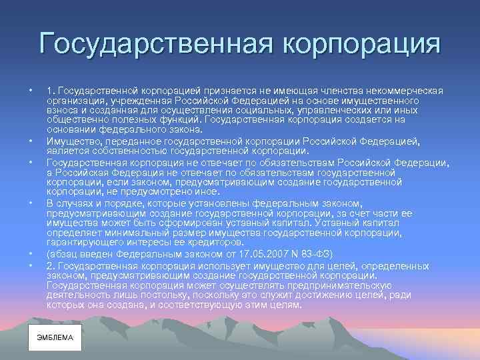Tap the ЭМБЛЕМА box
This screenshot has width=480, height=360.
point(55,338)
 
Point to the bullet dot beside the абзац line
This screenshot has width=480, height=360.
point(30,255)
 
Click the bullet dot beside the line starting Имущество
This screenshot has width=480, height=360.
point(30,141)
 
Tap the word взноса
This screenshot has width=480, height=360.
point(62,110)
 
